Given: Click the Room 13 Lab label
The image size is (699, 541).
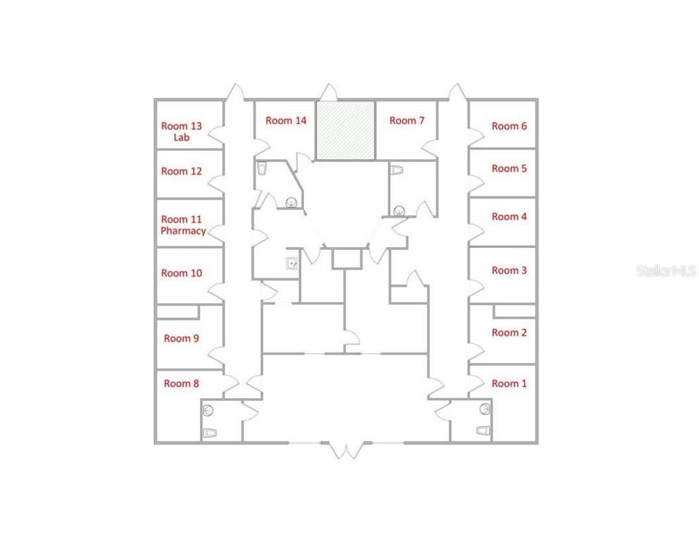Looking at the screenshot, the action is coord(182,132).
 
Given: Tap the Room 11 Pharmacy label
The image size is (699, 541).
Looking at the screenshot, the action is coord(183,225).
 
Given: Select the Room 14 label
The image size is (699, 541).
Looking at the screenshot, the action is coord(286,120).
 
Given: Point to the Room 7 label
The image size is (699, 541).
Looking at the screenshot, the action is coord(407,120).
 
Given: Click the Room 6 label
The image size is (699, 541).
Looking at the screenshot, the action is coord(509,126).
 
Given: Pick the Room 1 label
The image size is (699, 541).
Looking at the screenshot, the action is coord(509,384).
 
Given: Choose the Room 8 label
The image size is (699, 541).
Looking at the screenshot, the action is coord(182,384).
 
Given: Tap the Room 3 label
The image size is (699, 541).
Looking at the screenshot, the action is coord(509,270).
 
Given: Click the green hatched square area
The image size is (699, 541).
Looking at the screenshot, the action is coord(346,130).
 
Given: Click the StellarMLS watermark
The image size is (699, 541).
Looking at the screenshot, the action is coord(667,270).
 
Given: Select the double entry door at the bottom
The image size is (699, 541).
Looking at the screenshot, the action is coord(346,449).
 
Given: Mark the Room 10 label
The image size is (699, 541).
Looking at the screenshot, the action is coord(182,273).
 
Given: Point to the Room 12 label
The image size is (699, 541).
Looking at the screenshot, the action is coord(182,171).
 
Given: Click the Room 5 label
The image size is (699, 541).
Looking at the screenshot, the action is coord(509,168).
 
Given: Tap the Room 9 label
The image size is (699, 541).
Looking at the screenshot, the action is coord(182,339).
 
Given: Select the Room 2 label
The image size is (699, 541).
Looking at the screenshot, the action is coord(509,332).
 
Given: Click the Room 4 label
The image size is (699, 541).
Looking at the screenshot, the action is coord(509,217).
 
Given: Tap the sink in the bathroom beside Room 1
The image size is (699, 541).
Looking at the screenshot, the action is coord(485,409).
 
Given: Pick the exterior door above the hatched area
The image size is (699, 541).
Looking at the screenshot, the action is coord(329,92).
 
